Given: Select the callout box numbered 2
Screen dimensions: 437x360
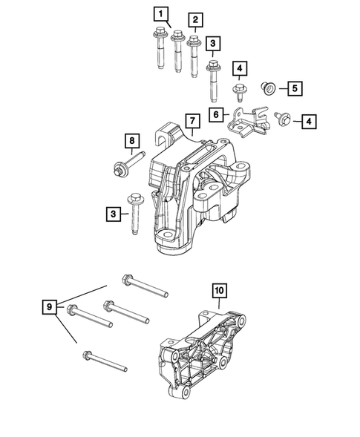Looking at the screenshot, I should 195,20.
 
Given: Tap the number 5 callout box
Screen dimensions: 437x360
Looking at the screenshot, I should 294,88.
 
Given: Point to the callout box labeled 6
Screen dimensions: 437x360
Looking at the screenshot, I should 216,114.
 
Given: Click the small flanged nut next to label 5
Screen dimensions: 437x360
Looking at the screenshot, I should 268,89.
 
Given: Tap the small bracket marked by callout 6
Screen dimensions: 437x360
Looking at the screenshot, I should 248,119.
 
